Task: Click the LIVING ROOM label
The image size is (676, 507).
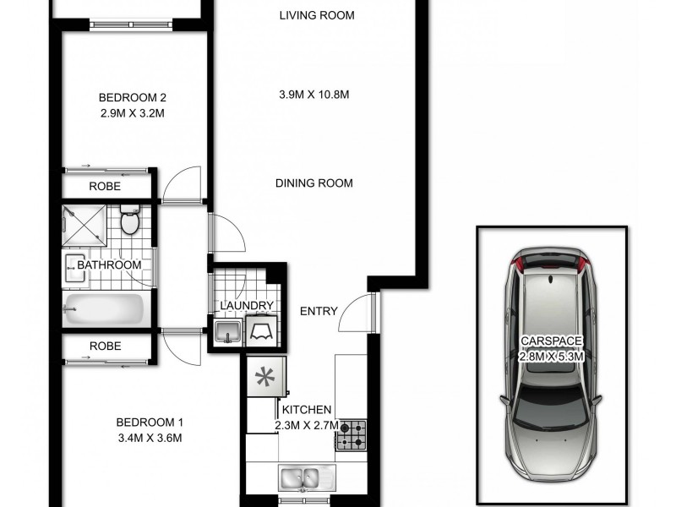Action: click(317, 15)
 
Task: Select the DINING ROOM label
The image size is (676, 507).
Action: click(313, 183)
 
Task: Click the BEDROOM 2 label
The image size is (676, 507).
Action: click(126, 96)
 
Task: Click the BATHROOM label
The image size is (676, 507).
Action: click(109, 265)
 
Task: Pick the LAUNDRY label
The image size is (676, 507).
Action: click(247, 306)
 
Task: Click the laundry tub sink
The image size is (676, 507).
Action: click(226, 332)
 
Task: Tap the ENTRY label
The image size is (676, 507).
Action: click(319, 312)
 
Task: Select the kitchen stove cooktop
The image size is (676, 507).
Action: click(352, 435)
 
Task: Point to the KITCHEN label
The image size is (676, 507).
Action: click(308, 410)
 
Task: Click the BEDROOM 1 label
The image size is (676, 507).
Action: click(150, 422)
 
